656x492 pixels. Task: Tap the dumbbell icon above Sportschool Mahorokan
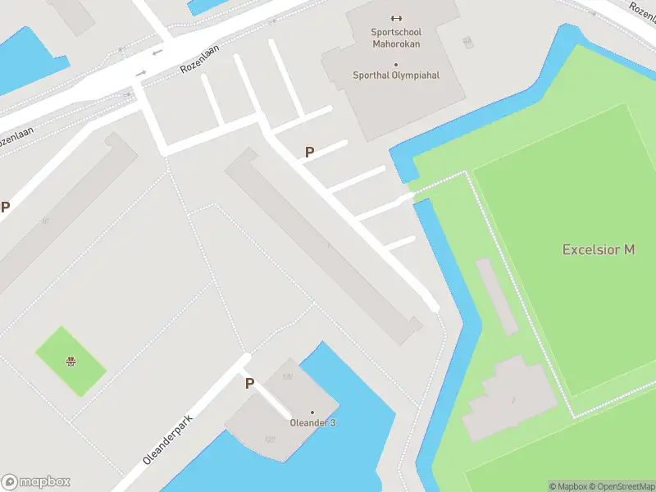pos(397,18)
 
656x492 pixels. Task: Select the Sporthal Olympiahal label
pos(396,75)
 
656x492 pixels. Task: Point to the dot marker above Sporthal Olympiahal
pos(396,64)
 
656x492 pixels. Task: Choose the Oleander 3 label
pos(312,423)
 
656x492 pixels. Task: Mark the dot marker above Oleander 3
pos(312,412)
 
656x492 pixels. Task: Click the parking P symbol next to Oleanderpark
pos(249,383)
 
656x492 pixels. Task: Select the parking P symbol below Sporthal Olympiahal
pos(309,152)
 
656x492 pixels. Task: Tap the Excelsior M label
pos(598,249)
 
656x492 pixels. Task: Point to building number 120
pos(287,377)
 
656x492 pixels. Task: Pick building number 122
pos(270,440)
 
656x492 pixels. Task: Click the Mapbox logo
pos(36,482)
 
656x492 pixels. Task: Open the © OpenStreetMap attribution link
pos(622,486)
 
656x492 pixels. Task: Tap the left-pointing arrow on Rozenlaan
pos(156,52)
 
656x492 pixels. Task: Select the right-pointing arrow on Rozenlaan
pos(140,73)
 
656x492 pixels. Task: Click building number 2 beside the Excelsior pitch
pos(513,400)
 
